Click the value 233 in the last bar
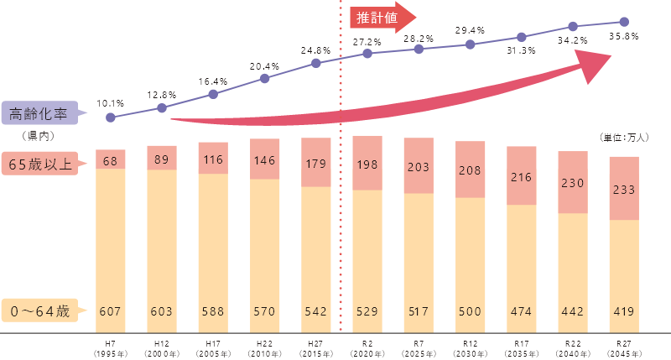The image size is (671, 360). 623,190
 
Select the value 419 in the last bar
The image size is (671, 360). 623,311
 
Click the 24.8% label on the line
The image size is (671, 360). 316,50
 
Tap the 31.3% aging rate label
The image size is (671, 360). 521,50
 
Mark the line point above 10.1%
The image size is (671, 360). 111,117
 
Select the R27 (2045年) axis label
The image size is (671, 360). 623,347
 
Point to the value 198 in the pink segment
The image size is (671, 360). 367,162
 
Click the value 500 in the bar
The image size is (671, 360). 470,311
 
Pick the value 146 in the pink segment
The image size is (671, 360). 265,159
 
